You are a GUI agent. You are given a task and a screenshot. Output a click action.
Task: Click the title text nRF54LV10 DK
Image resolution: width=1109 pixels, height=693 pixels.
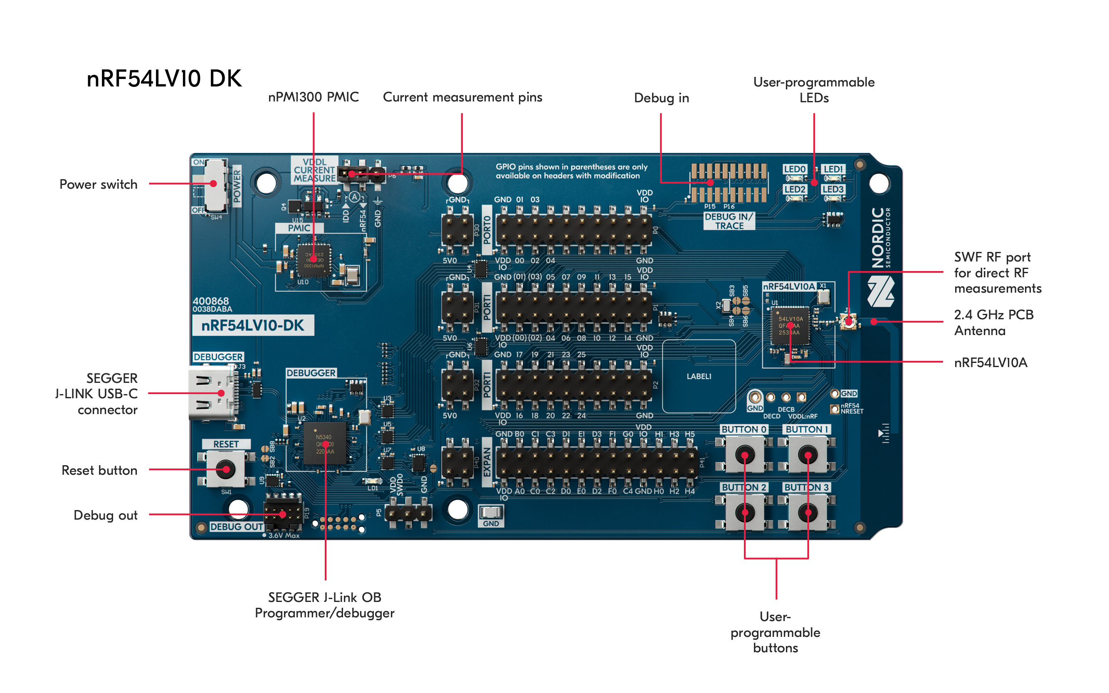tap(164, 79)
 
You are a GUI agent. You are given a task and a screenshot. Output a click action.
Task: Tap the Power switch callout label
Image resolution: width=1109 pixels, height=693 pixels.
tap(98, 184)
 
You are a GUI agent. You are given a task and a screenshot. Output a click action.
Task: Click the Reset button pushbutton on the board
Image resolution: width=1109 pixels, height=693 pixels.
tap(225, 469)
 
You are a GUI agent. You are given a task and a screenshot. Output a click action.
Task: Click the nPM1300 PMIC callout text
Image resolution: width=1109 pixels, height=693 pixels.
tap(313, 97)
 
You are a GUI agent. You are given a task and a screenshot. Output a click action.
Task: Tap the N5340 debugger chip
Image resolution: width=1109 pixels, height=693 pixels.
tap(325, 444)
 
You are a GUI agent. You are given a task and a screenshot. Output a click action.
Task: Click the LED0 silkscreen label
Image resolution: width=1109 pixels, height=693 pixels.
tap(794, 169)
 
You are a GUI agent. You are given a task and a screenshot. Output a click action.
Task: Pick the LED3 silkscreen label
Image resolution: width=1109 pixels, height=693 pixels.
tap(832, 189)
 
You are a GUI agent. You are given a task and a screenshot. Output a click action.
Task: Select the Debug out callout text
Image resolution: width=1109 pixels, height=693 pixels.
tap(106, 515)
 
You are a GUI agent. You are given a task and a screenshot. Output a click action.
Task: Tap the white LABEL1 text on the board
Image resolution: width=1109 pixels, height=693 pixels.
tap(699, 376)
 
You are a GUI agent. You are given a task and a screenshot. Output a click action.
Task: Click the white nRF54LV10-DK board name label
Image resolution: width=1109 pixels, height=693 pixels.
tap(252, 326)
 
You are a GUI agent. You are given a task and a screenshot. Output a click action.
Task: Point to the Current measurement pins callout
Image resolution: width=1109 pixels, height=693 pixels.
tap(462, 97)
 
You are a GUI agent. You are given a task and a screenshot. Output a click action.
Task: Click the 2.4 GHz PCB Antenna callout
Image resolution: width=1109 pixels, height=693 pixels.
tap(993, 323)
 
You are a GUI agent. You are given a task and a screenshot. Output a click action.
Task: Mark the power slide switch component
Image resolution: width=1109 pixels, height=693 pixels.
tap(215, 185)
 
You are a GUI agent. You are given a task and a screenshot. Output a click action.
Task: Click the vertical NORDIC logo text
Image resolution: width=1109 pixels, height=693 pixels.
tap(877, 237)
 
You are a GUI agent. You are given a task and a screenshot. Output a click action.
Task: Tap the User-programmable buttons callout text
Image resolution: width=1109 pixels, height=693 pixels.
tap(775, 632)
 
